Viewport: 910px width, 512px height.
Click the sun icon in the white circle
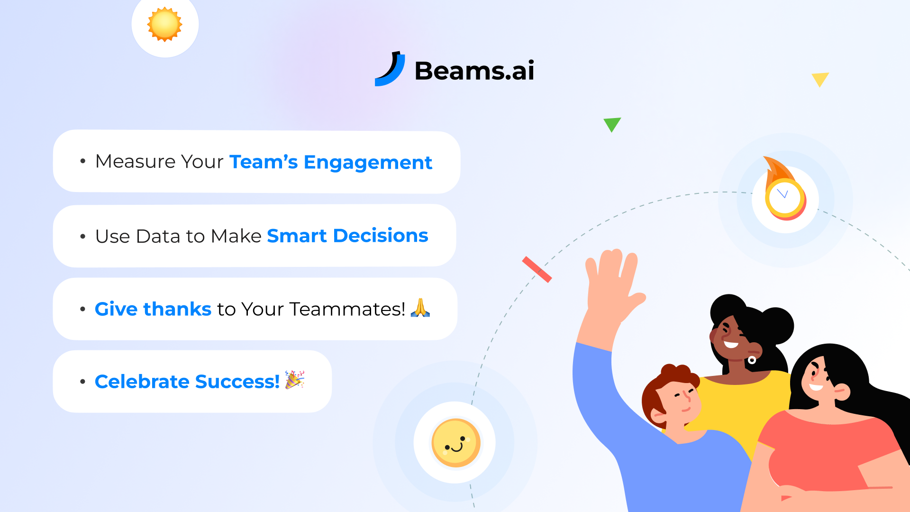point(164,24)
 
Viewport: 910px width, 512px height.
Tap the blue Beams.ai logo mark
point(391,70)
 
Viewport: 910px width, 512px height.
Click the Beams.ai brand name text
point(474,71)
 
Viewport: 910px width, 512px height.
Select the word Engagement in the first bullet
point(368,163)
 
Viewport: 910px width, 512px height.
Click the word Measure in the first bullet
point(135,162)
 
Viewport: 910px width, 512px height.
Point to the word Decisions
point(381,236)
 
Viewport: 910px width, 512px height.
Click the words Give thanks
point(153,309)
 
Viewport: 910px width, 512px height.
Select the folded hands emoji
point(420,308)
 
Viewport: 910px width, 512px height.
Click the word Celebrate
point(142,382)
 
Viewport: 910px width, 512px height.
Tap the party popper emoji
point(295,380)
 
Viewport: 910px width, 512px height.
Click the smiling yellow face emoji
point(455,443)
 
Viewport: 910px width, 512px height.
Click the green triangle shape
point(612,124)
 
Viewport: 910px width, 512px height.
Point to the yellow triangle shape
point(820,79)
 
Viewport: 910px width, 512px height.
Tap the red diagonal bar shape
point(537,269)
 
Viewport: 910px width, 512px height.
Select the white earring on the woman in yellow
point(752,360)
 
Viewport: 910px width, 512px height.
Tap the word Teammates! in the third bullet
point(347,309)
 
